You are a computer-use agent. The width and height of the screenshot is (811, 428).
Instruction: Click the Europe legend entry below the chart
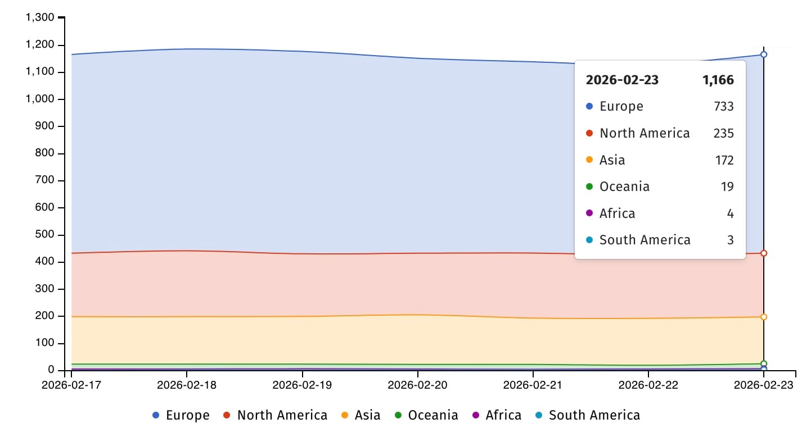click(181, 416)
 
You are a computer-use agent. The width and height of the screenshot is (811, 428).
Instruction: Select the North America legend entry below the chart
click(275, 416)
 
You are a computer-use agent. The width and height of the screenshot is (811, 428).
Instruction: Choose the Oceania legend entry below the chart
click(426, 416)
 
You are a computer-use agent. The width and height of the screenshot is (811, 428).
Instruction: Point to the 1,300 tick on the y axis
click(40, 17)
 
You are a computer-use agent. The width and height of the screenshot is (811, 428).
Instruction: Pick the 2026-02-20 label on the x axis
click(418, 385)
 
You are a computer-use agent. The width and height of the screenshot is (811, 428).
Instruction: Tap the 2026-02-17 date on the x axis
click(71, 385)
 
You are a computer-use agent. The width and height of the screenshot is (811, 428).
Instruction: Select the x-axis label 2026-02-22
click(648, 385)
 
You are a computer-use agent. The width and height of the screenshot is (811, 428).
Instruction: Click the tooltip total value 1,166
click(718, 80)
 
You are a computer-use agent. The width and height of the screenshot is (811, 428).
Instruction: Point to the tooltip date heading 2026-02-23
click(622, 80)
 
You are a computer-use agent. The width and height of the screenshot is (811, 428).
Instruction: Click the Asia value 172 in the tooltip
click(724, 160)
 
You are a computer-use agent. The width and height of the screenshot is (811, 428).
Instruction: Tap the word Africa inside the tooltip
click(617, 213)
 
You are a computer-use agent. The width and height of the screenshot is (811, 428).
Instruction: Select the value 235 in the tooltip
click(724, 133)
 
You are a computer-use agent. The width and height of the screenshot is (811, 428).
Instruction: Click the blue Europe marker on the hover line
click(764, 54)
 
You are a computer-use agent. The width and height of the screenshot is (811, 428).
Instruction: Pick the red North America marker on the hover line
click(764, 253)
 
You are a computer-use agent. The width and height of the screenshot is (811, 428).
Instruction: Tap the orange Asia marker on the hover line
click(764, 317)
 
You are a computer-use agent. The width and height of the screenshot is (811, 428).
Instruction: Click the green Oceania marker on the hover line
click(764, 363)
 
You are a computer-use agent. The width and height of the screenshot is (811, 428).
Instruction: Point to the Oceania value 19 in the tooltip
click(727, 186)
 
